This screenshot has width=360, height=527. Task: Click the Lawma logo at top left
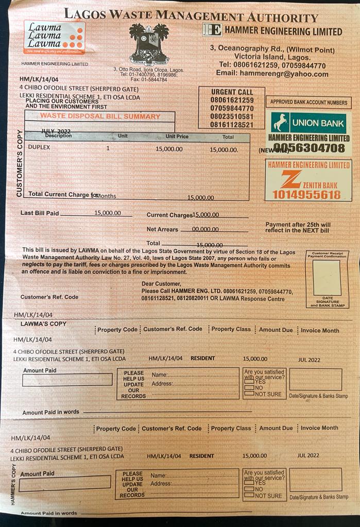pyautogui.click(x=54, y=38)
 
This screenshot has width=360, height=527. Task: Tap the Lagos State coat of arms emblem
pyautogui.click(x=149, y=43)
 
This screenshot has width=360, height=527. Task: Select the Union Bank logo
pyautogui.click(x=308, y=122)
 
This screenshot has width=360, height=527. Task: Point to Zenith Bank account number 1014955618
pyautogui.click(x=306, y=195)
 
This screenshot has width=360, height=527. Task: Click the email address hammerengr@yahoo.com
pyautogui.click(x=272, y=74)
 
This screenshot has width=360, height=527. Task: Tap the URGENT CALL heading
pyautogui.click(x=232, y=92)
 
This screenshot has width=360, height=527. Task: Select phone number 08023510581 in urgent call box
pyautogui.click(x=232, y=116)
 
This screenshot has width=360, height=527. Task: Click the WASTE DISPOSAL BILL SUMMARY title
pyautogui.click(x=100, y=116)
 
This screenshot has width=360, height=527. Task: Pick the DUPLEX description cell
pyautogui.click(x=39, y=148)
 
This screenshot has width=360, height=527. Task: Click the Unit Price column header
pyautogui.click(x=177, y=137)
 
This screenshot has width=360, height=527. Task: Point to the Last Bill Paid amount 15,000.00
pyautogui.click(x=108, y=213)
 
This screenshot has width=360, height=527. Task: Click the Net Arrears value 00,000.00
pyautogui.click(x=205, y=230)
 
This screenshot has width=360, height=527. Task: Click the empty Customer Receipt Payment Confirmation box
pyautogui.click(x=327, y=277)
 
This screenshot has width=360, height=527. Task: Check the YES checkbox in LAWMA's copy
pyautogui.click(x=249, y=382)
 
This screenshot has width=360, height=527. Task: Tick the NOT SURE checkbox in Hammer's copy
pyautogui.click(x=249, y=496)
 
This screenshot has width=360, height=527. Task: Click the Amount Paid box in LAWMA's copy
pyautogui.click(x=67, y=380)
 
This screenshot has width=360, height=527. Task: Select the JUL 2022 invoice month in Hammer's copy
pyautogui.click(x=308, y=455)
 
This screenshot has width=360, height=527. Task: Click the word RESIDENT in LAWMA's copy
pyautogui.click(x=203, y=358)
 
